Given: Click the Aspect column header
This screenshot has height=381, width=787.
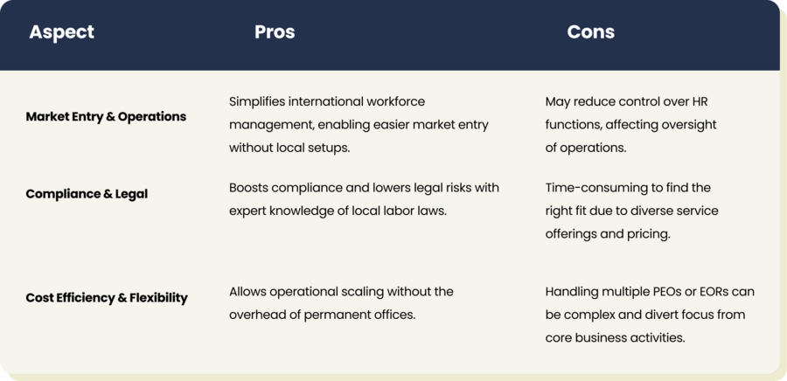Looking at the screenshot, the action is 62,32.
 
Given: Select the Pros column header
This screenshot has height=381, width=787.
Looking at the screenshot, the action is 275,32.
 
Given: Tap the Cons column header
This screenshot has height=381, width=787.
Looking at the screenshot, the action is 591,32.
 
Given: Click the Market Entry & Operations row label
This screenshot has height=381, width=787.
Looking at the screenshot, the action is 106,116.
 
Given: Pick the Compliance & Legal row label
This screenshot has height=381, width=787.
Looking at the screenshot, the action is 87,194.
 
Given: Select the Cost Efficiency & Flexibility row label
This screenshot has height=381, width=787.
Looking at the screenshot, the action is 107,298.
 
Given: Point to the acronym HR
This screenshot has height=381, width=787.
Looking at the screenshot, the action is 700,101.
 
